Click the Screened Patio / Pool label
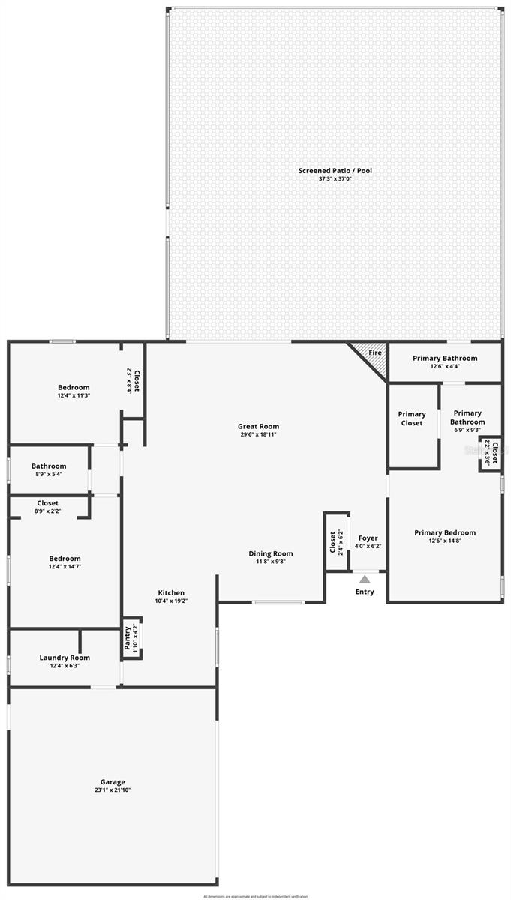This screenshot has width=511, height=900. [335, 171]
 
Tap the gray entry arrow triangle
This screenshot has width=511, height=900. [365, 579]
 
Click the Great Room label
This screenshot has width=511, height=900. [259, 427]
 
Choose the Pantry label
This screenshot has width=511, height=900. [128, 637]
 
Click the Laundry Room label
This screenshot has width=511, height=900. [65, 658]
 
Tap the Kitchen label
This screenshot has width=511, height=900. [171, 593]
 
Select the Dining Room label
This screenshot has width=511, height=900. [271, 553]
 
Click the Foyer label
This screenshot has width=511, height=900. [368, 538]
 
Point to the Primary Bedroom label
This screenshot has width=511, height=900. [445, 533]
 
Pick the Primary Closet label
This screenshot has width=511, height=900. [412, 418]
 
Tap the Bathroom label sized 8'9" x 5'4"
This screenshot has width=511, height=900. [49, 466]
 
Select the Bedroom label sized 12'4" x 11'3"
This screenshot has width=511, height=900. [74, 387]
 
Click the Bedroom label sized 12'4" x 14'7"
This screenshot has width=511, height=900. [65, 559]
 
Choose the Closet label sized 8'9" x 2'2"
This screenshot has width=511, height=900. [48, 503]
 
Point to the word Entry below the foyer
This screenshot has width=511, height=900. [365, 592]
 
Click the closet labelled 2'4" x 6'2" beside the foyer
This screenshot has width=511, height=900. [333, 542]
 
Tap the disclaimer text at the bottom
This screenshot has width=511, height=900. [255, 895]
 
